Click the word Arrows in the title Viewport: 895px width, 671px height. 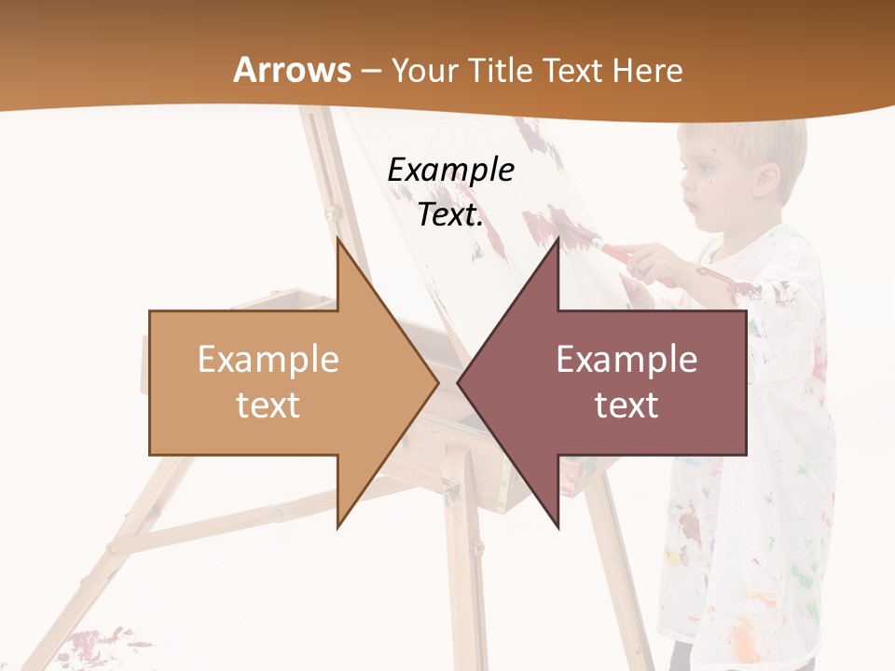(x=293, y=70)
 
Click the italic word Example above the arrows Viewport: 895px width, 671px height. (x=450, y=171)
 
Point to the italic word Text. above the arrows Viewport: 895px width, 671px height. (x=450, y=215)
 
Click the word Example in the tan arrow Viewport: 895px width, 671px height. (x=268, y=359)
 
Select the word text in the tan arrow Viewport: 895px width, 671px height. (x=268, y=405)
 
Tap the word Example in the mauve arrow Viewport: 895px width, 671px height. (x=626, y=359)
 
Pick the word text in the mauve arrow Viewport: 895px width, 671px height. (x=626, y=405)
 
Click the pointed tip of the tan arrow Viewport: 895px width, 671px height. (x=436, y=382)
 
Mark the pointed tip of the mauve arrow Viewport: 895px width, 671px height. (x=459, y=382)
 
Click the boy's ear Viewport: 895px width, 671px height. (x=767, y=179)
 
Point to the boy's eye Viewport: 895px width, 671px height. (x=701, y=171)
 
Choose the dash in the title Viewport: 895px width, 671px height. (x=370, y=71)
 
